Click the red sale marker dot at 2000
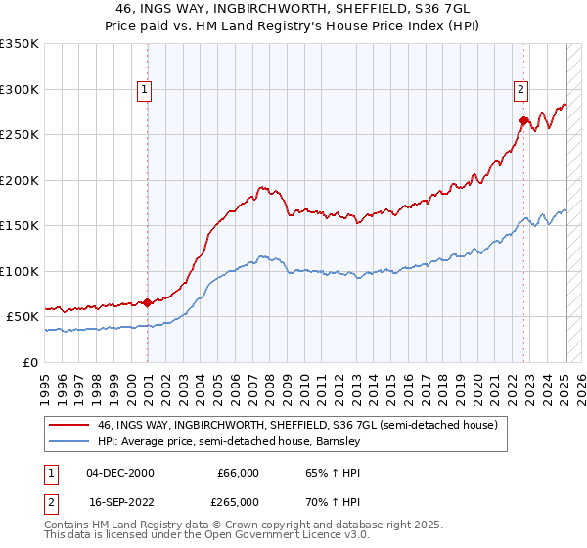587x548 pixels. [x=148, y=302]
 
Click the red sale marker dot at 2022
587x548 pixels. [x=523, y=121]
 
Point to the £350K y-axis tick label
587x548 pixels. [x=20, y=44]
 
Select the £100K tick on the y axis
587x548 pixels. [x=20, y=271]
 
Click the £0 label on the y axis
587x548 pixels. [x=31, y=362]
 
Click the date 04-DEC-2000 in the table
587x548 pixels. [x=120, y=473]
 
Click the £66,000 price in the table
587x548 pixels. [x=238, y=473]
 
